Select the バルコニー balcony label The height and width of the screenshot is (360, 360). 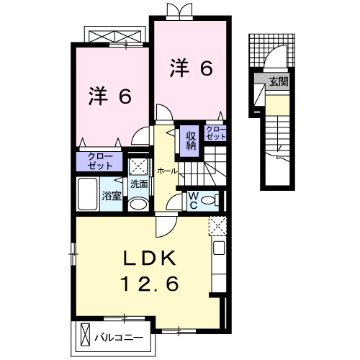(x=119, y=336)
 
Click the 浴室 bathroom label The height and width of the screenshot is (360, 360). (x=112, y=195)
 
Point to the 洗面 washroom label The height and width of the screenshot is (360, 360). (x=139, y=184)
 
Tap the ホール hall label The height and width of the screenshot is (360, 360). (x=167, y=171)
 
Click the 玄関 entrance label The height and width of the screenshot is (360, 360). (x=279, y=82)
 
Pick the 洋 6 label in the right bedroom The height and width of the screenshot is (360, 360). (x=191, y=68)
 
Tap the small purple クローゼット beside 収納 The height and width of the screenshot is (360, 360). (x=216, y=132)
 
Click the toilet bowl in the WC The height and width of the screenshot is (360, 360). (x=210, y=200)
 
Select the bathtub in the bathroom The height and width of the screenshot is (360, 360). (x=86, y=194)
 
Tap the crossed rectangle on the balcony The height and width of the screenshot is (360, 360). (x=86, y=336)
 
